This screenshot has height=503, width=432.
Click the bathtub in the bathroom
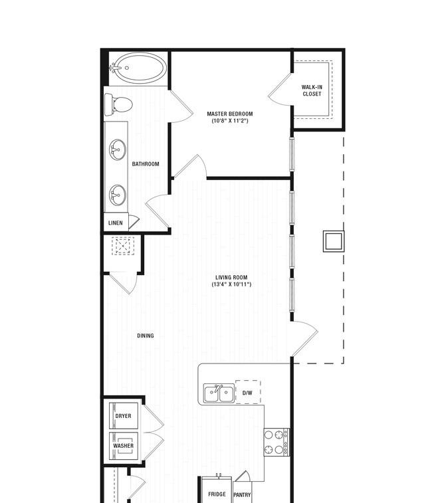[138, 68]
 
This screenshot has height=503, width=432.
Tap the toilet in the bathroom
[118, 104]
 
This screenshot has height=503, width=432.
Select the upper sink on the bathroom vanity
[118, 150]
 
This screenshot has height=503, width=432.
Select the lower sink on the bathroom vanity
[118, 195]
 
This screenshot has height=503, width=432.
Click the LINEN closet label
[116, 223]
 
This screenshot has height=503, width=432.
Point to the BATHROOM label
[146, 164]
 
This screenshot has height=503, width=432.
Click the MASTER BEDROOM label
[230, 114]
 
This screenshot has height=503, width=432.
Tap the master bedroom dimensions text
[230, 121]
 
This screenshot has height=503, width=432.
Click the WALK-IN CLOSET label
[312, 90]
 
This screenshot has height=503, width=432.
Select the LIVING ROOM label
[231, 277]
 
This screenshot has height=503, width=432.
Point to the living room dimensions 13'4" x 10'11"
[231, 284]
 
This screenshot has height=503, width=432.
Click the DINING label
[146, 336]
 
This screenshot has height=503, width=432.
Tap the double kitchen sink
[219, 393]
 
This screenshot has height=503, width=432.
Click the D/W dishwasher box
[248, 392]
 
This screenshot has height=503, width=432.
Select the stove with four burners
[276, 442]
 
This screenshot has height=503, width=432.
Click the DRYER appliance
[124, 416]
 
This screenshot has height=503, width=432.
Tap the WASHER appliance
[124, 446]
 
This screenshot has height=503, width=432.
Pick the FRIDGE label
[217, 494]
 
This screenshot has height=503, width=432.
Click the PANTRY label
[242, 495]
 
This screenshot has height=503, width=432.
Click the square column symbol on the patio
[334, 241]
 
